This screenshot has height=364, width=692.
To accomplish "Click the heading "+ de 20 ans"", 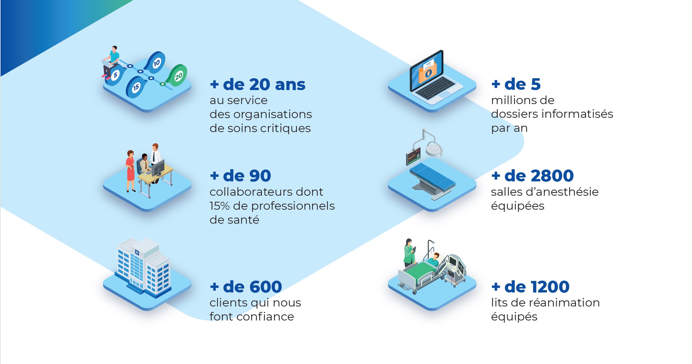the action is pos(258,85).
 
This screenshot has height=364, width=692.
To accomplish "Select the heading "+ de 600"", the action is pos(246,287).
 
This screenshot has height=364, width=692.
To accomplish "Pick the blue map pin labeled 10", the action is pos(156,62).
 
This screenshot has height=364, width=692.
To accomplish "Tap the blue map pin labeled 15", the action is pos(135,87).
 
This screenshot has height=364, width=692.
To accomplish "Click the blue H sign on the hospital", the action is pos(137,252).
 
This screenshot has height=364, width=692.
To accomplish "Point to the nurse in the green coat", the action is pos(409,252).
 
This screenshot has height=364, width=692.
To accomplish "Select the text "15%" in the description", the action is pos(219,206).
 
